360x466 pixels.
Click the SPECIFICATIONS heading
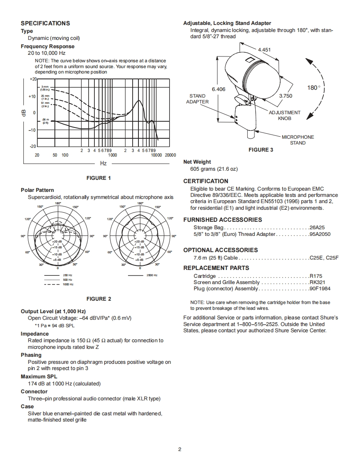[45, 23]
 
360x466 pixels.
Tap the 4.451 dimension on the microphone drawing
[264, 50]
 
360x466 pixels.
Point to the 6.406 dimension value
[218, 89]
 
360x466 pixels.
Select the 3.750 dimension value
[285, 96]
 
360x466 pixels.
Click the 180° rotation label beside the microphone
[314, 88]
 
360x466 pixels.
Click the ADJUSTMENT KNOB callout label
[284, 115]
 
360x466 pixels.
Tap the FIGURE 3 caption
[261, 150]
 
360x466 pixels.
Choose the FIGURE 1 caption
[99, 178]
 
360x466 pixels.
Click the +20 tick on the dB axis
[33, 79]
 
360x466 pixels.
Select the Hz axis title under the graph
[103, 164]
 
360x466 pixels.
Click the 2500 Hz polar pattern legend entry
[152, 275]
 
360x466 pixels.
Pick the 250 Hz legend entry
[68, 275]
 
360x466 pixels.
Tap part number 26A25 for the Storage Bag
[317, 228]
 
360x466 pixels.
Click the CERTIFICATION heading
[206, 181]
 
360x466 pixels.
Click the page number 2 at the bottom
[180, 449]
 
